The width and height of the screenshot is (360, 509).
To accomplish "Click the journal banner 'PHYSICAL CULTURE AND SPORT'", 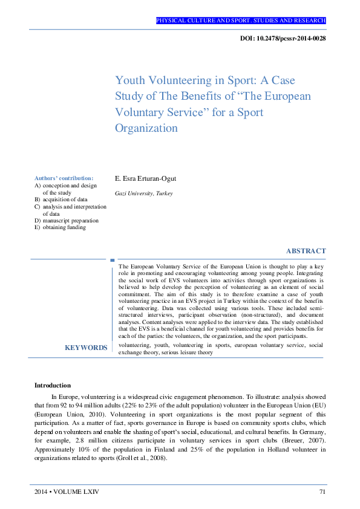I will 241,21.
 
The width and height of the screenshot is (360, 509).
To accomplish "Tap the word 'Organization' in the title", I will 146,128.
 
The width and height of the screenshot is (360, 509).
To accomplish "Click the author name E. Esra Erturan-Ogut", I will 146,178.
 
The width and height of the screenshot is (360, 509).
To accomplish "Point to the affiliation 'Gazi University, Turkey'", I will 143,193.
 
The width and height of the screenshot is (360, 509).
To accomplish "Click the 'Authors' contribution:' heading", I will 64,178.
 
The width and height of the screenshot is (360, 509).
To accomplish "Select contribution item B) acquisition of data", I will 61,199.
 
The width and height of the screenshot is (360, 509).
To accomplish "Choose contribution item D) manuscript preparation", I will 67,221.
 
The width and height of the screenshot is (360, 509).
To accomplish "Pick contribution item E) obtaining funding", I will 61,227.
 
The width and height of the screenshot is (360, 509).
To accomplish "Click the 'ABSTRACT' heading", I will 306,251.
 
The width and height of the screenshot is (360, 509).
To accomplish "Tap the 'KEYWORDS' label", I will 86,348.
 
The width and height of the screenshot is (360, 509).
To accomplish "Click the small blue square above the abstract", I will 112,261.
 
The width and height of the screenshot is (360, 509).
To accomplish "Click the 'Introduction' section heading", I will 53,385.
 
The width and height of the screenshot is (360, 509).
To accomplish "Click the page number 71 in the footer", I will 322,492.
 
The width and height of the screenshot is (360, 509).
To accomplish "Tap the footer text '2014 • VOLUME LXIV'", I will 67,492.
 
